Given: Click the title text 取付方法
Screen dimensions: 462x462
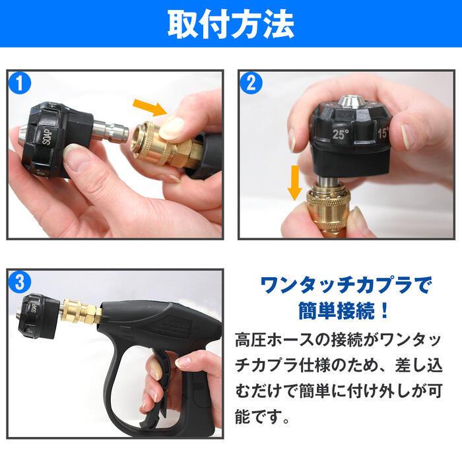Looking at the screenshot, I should (230, 24).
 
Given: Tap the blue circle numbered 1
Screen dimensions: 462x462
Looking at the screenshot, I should (22, 84).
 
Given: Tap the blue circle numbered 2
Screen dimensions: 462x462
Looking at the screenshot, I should (251, 84).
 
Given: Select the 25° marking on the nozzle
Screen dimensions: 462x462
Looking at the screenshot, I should (341, 133).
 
